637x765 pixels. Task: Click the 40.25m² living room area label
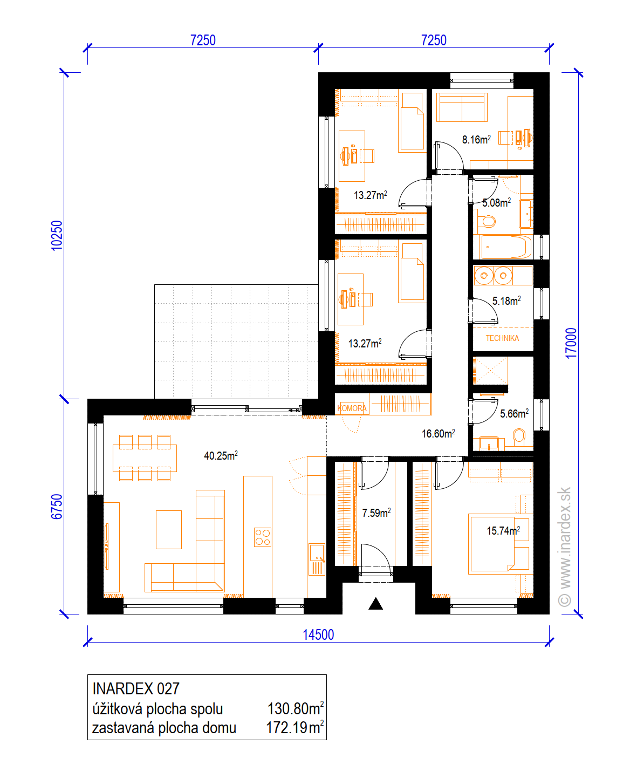pos(221,455)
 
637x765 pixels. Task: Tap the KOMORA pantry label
pos(352,408)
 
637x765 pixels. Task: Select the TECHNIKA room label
pos(502,338)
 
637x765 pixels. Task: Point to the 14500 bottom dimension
pos(318,635)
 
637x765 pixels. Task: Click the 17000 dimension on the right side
pos(571,343)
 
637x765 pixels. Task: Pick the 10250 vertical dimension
pos(57,235)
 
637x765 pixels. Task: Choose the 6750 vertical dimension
pos(57,507)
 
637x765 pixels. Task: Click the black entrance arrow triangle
pos(375,604)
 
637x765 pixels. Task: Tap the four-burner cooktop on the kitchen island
pos(263,537)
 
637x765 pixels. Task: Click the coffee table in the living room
pos(168,529)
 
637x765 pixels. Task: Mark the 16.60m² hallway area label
pos(438,433)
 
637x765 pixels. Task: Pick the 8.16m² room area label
pos(476,139)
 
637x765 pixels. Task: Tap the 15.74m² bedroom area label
pos(503,530)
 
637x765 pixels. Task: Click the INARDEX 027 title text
pos(136,689)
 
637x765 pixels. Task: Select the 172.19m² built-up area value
pos(295,728)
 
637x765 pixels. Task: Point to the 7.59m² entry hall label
pos(376,513)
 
